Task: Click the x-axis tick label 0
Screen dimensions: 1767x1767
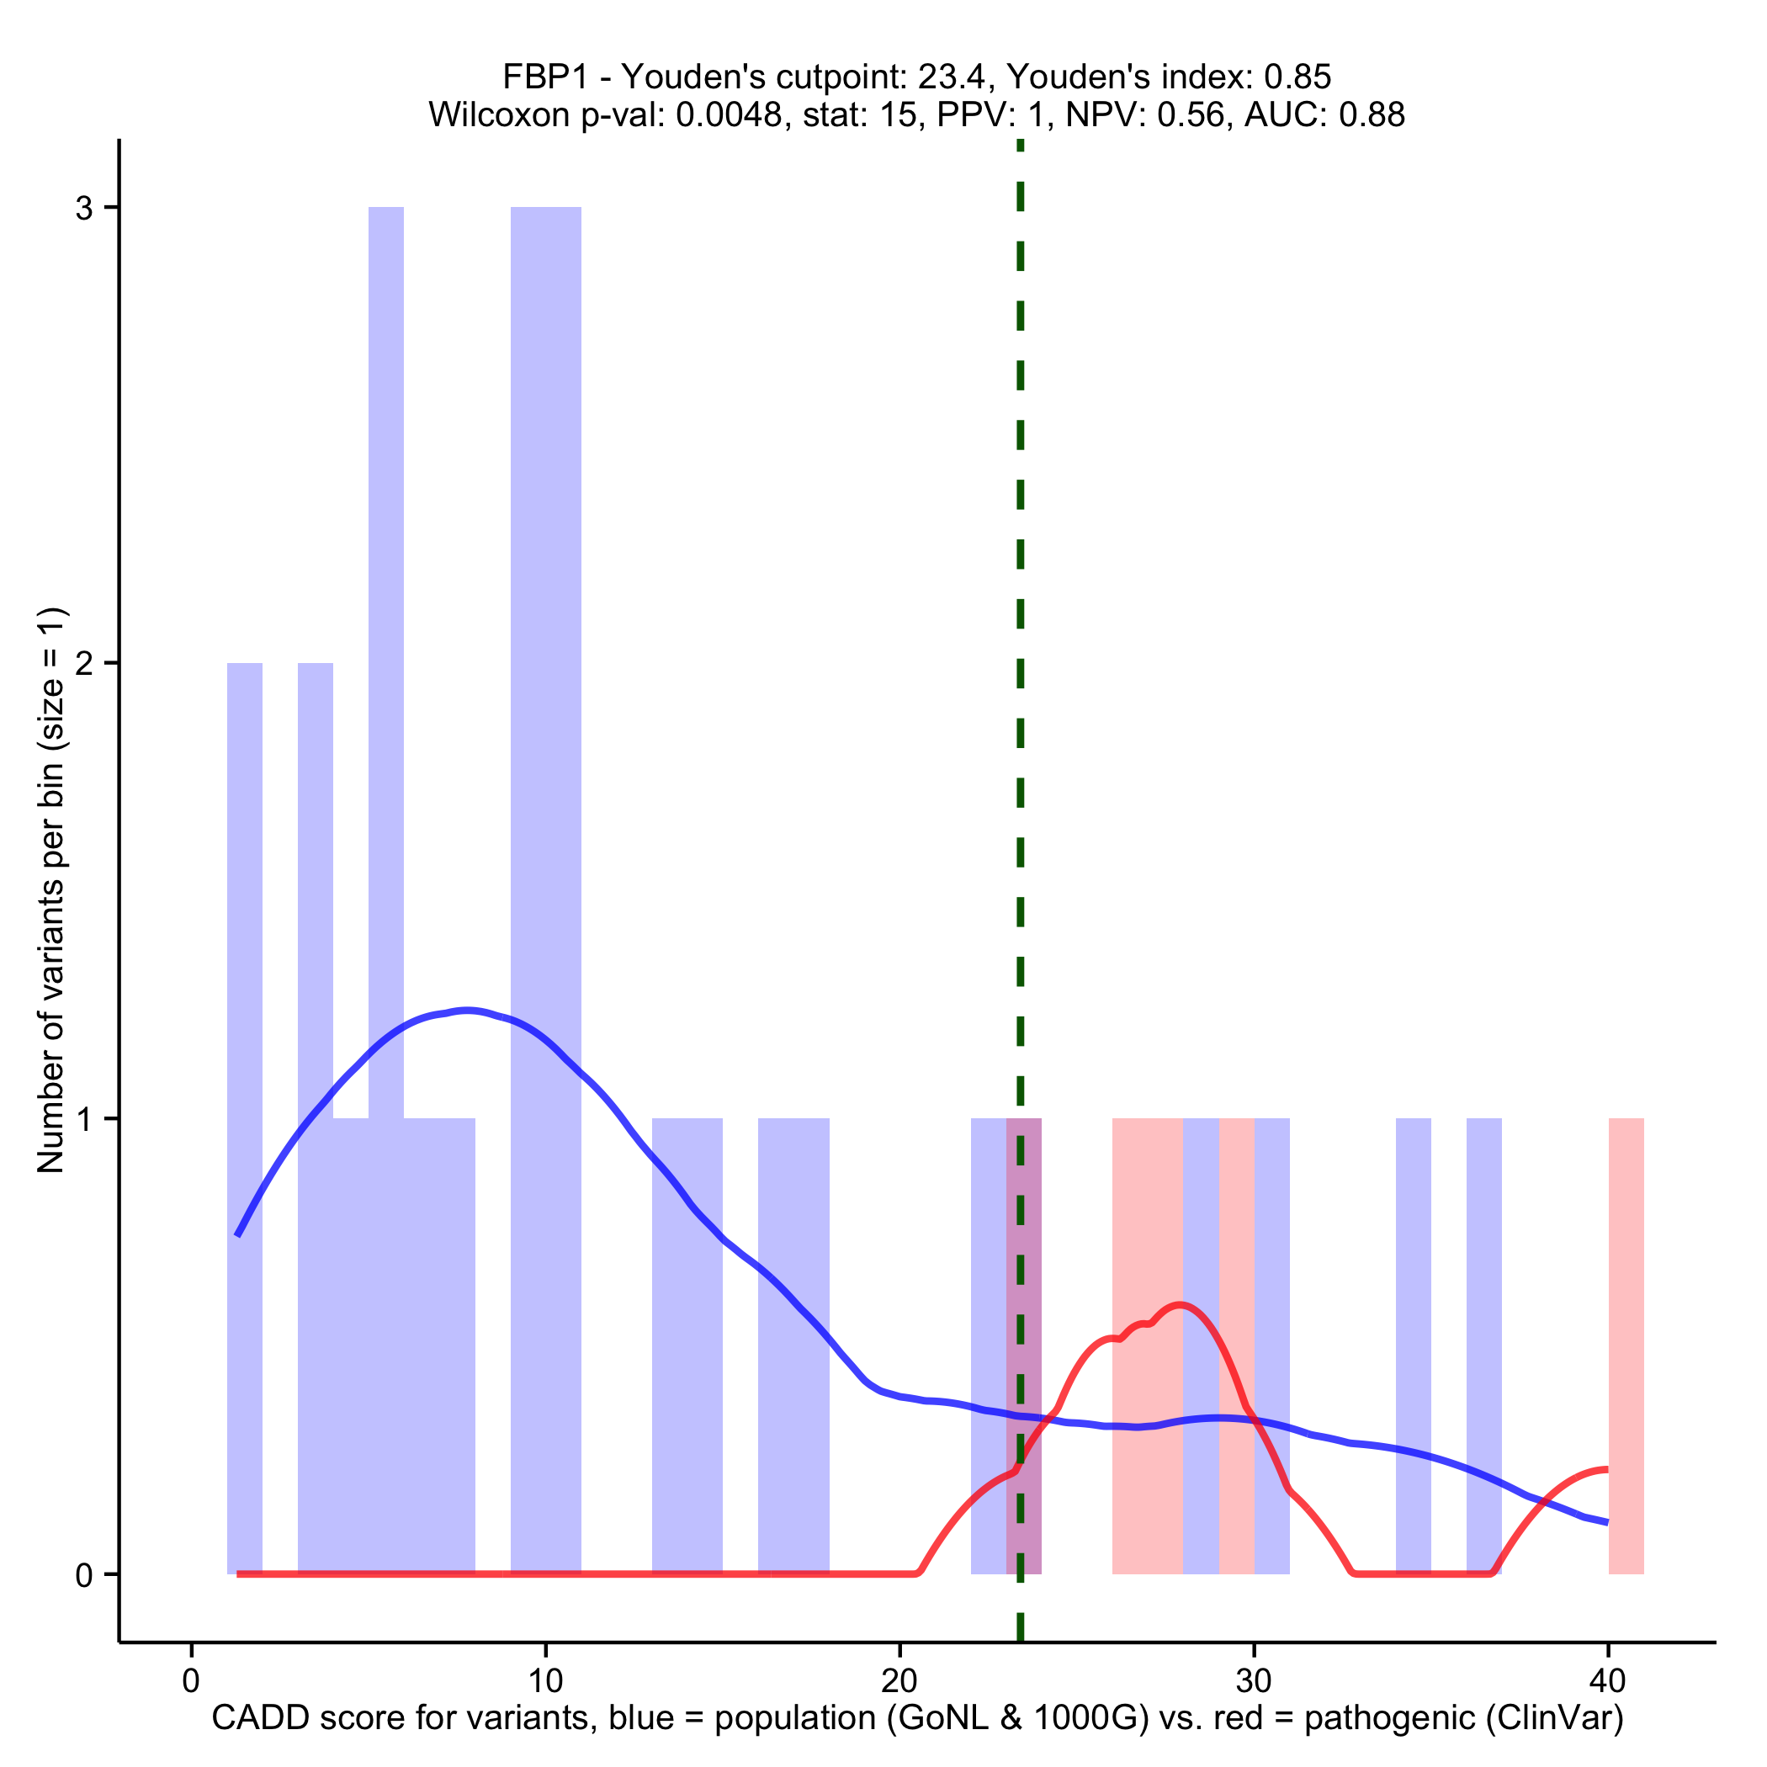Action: [191, 1680]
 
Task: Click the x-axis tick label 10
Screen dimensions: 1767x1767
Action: [545, 1680]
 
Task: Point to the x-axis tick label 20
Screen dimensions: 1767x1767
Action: [899, 1680]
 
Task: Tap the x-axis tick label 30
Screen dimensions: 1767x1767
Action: [1253, 1680]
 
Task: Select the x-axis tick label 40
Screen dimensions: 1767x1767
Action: [1608, 1680]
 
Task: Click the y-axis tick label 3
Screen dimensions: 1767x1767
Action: [84, 209]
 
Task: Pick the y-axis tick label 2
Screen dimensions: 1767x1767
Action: [84, 664]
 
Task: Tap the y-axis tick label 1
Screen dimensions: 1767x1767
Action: [84, 1119]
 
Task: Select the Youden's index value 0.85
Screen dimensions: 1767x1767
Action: [1297, 77]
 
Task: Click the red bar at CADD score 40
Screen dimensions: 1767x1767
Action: [1626, 1345]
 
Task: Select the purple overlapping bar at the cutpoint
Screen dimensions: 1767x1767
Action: [1023, 1345]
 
